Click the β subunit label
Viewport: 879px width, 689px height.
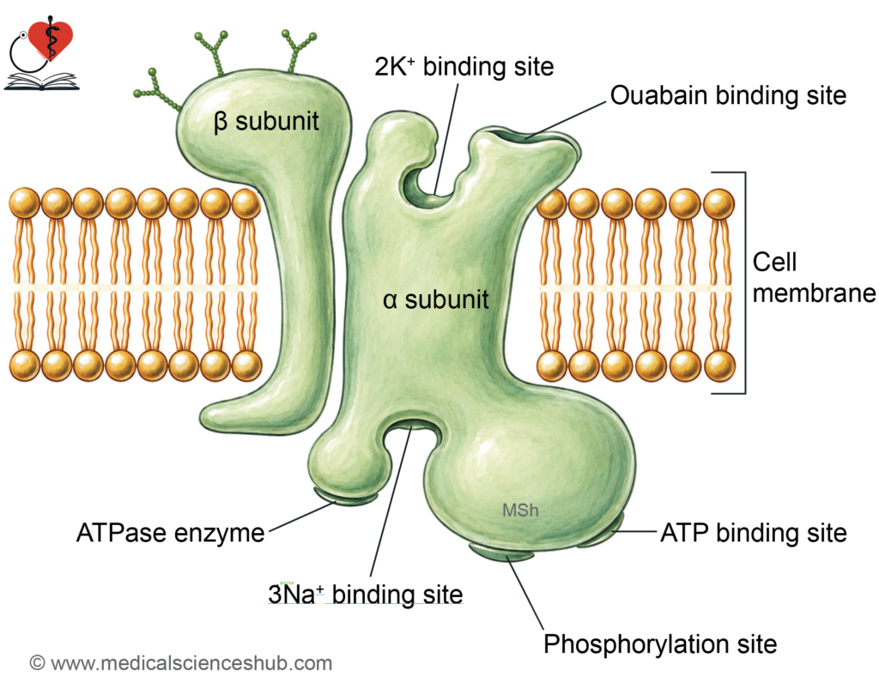(266, 122)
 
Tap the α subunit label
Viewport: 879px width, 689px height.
(435, 299)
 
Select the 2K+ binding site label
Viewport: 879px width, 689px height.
(464, 67)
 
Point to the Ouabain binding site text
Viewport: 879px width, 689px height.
(728, 95)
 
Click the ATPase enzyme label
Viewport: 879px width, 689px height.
(171, 533)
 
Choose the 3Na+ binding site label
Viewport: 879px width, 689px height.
(366, 595)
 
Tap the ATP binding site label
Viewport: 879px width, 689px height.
(754, 533)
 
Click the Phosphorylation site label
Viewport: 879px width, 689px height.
(660, 644)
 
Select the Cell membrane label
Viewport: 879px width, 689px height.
(814, 277)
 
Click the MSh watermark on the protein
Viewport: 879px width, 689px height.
(520, 511)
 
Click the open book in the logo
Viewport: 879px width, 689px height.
(41, 81)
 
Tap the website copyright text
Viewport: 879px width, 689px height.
(180, 663)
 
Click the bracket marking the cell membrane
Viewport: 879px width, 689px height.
(745, 283)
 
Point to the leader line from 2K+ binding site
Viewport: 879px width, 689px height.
(446, 138)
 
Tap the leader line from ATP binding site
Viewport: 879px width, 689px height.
(637, 531)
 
